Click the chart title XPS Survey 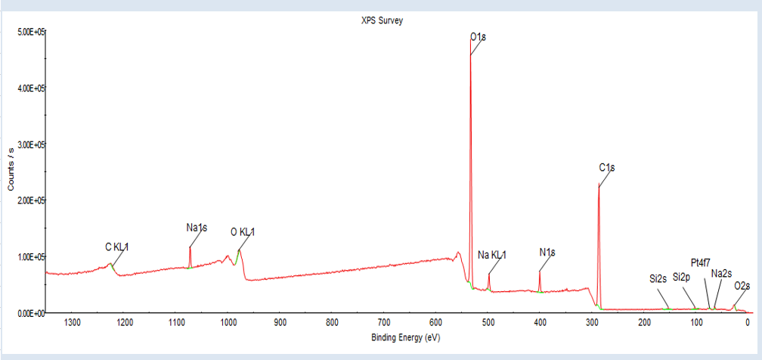(382, 21)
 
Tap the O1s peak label (478, 36)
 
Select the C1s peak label (606, 167)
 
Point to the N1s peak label (547, 252)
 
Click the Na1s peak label (197, 227)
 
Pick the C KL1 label (117, 247)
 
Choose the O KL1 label (243, 232)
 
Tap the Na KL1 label (492, 255)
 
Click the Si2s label (658, 278)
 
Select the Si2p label (682, 277)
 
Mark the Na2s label (721, 273)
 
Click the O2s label (742, 286)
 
